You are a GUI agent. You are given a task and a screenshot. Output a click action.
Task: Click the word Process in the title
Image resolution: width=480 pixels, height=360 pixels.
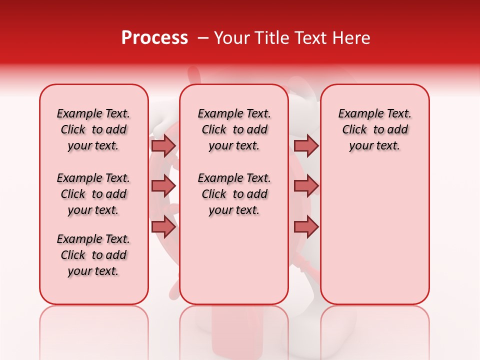point(154,38)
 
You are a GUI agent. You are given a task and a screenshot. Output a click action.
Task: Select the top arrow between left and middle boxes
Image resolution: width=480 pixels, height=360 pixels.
point(163,145)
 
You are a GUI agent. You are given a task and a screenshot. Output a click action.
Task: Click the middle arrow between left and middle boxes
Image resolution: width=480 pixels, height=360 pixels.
point(163,186)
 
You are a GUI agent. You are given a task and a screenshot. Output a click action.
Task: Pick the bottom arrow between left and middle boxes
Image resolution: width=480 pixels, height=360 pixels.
point(163,227)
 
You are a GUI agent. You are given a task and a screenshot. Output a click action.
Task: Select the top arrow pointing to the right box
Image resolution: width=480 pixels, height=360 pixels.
point(306,145)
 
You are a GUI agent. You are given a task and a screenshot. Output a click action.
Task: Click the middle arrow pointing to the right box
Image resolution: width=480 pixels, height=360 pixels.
point(306,186)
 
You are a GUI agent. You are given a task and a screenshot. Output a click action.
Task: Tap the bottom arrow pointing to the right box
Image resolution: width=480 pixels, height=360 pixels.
point(306,227)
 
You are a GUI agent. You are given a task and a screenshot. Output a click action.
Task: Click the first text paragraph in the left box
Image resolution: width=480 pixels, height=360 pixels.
point(93,129)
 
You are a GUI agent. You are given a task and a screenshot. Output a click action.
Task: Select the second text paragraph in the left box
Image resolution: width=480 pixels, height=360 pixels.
point(93,194)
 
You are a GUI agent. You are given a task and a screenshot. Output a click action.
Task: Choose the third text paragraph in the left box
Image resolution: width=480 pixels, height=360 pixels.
point(93,255)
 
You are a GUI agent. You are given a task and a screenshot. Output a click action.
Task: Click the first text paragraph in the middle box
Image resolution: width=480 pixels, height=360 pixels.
point(234,129)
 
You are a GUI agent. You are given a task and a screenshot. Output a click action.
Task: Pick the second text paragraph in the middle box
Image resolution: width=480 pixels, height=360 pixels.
point(234,194)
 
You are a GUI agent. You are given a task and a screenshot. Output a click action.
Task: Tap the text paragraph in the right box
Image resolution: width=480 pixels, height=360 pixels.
point(374,129)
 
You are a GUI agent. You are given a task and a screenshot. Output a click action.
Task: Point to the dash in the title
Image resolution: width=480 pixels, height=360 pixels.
point(202,38)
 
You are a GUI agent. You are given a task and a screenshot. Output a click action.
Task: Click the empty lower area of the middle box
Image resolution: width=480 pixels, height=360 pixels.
point(234,260)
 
